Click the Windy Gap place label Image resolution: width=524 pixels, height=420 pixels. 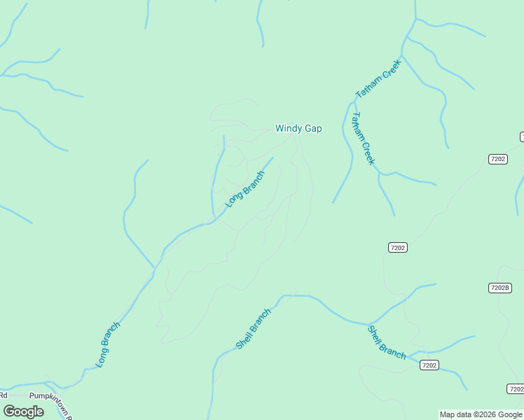298,128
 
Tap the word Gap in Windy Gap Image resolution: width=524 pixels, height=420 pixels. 312,129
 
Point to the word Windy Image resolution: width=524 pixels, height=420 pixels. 289,128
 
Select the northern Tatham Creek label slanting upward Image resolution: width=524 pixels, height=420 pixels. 378,78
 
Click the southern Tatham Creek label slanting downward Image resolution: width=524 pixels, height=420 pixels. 364,139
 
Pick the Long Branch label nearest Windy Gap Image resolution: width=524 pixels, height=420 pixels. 244,189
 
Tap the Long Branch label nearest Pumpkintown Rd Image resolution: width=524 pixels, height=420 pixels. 108,344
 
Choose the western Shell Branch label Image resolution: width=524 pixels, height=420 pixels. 253,329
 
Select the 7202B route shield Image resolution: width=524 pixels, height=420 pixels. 499,288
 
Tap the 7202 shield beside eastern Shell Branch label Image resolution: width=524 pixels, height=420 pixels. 429,365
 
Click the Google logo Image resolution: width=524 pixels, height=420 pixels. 23,412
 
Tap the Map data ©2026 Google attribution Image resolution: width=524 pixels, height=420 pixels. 481,414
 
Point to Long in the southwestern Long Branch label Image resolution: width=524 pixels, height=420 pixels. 102,357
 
